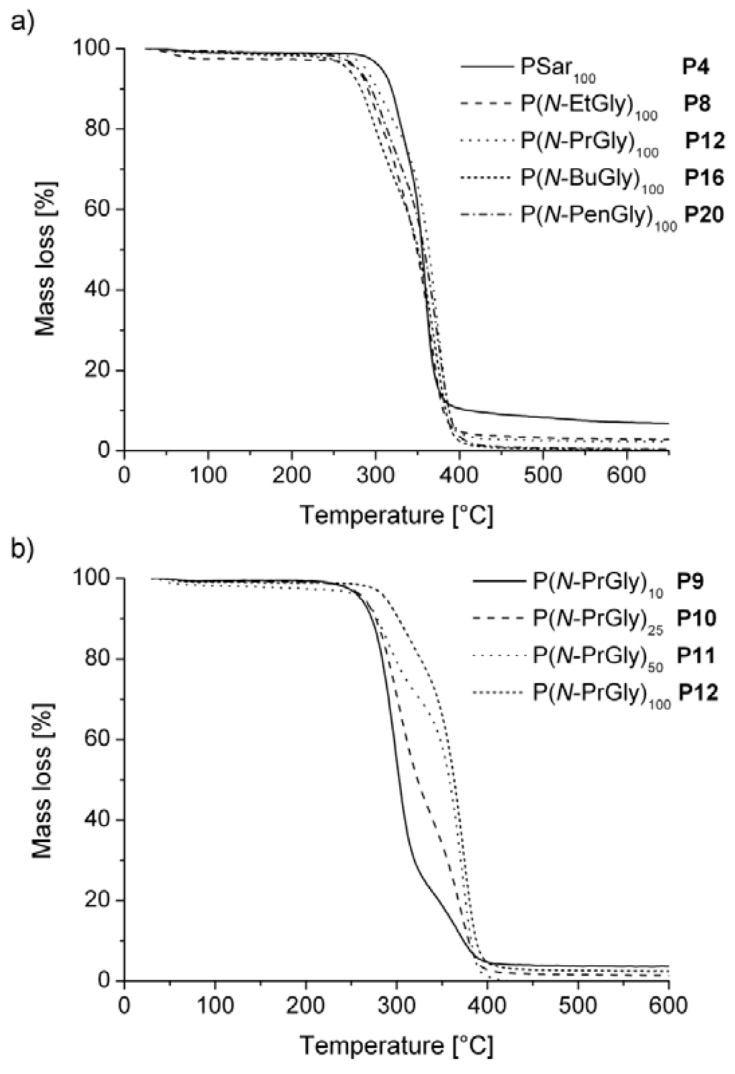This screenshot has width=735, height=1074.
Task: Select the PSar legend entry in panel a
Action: coord(558,68)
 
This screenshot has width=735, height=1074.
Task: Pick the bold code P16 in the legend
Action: coord(704,177)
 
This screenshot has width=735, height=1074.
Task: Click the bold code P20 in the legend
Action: coord(704,215)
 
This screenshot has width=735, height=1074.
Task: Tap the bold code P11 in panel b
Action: coord(699,655)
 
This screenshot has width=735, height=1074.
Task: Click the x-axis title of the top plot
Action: coord(396,515)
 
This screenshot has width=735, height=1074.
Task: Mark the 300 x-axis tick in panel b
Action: coord(396,1004)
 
